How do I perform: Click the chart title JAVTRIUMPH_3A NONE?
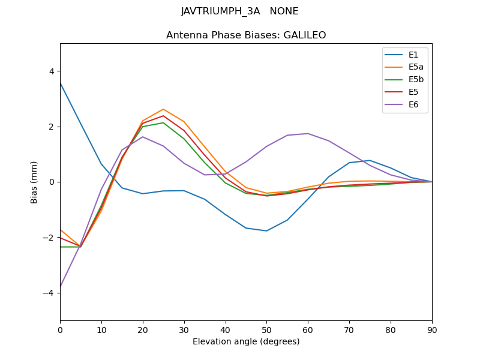pos(239,11)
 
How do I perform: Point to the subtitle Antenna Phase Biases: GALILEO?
pos(246,35)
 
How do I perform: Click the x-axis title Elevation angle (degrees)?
pos(246,342)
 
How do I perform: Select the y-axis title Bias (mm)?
pos(35,182)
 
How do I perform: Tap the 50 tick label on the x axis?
pos(266,329)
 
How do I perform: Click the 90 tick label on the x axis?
pos(432,329)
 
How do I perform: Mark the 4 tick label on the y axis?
pos(51,71)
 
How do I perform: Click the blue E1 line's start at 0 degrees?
pos(60,83)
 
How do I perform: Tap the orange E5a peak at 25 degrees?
pos(163,109)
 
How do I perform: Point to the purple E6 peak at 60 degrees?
pos(308,133)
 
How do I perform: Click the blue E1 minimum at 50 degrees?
pos(266,231)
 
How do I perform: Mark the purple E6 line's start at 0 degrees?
pos(60,287)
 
